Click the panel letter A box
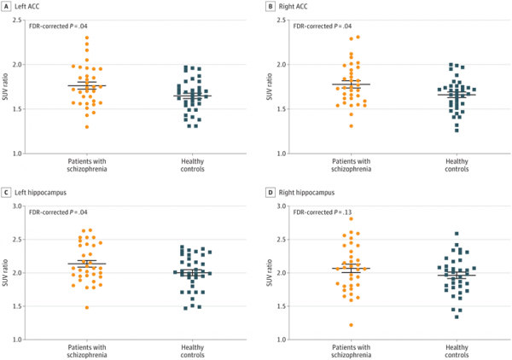6,6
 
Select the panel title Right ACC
293,7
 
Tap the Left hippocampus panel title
40,193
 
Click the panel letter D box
270,193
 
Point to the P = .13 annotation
342,212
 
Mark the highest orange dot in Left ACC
87,38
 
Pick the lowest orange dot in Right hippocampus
351,325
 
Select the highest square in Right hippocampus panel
457,234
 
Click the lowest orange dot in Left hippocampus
87,307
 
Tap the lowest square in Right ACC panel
457,131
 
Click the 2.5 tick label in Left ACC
17,20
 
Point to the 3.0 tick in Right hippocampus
282,206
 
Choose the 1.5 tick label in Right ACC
282,109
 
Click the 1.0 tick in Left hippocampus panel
17,340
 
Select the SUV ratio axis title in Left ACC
5,86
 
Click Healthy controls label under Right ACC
457,165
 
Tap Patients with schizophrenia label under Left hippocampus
87,351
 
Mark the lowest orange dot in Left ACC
87,127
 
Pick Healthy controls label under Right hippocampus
457,351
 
